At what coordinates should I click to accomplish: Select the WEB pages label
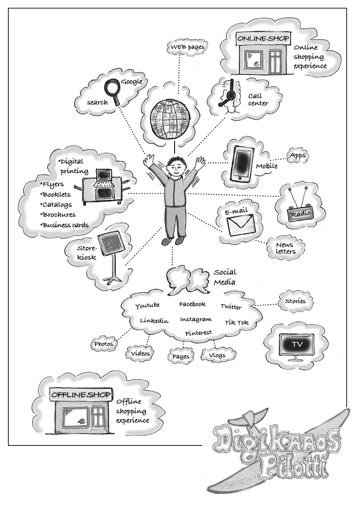point(187,47)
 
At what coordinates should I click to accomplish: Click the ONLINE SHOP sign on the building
point(263,39)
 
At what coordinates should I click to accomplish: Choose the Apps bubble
point(298,155)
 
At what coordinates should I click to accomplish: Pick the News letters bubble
point(285,248)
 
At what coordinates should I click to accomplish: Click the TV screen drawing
point(297,344)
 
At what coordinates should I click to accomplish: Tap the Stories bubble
point(295,301)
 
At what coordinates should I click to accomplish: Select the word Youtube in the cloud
point(147,306)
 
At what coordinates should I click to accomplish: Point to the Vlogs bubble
point(216,355)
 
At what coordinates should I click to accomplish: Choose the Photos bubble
point(103,344)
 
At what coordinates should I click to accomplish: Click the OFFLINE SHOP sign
point(81,395)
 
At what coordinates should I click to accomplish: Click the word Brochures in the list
point(59,215)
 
